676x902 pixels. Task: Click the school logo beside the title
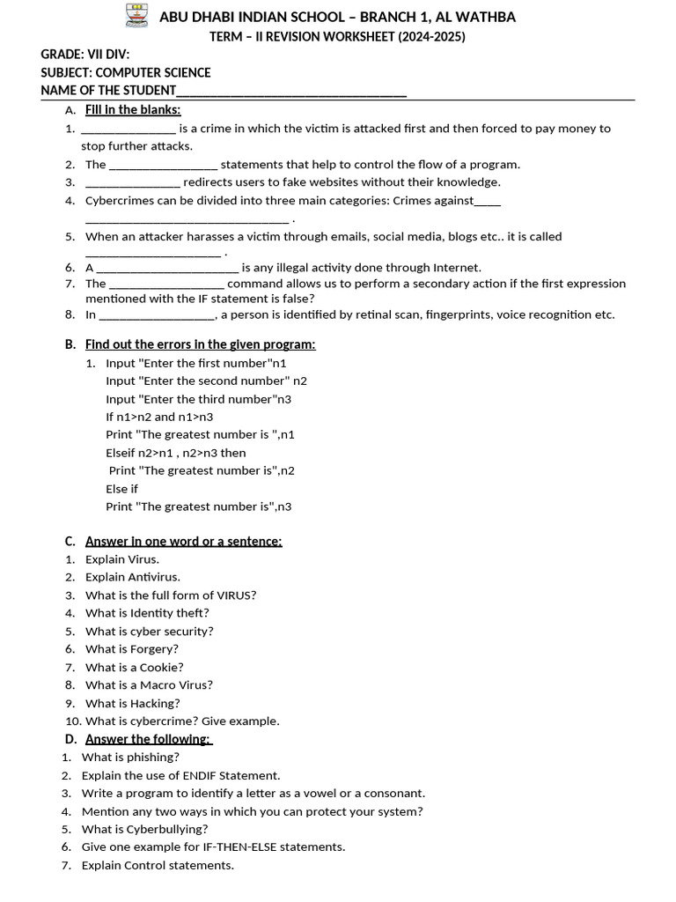pyautogui.click(x=138, y=16)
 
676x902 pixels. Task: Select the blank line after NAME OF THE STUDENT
pyautogui.click(x=291, y=91)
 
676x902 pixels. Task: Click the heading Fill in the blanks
pyautogui.click(x=133, y=109)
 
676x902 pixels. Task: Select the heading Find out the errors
pyautogui.click(x=200, y=344)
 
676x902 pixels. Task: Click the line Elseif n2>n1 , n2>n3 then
pyautogui.click(x=176, y=453)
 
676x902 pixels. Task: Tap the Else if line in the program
pyautogui.click(x=121, y=489)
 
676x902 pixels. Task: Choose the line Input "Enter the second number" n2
pyautogui.click(x=206, y=381)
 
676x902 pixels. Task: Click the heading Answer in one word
pyautogui.click(x=183, y=541)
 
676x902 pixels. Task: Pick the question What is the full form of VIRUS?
pyautogui.click(x=171, y=595)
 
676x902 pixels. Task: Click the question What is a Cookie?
pyautogui.click(x=135, y=667)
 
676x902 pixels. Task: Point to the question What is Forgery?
pyautogui.click(x=132, y=649)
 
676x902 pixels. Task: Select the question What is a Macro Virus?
pyautogui.click(x=149, y=684)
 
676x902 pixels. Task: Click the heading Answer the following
pyautogui.click(x=148, y=739)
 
